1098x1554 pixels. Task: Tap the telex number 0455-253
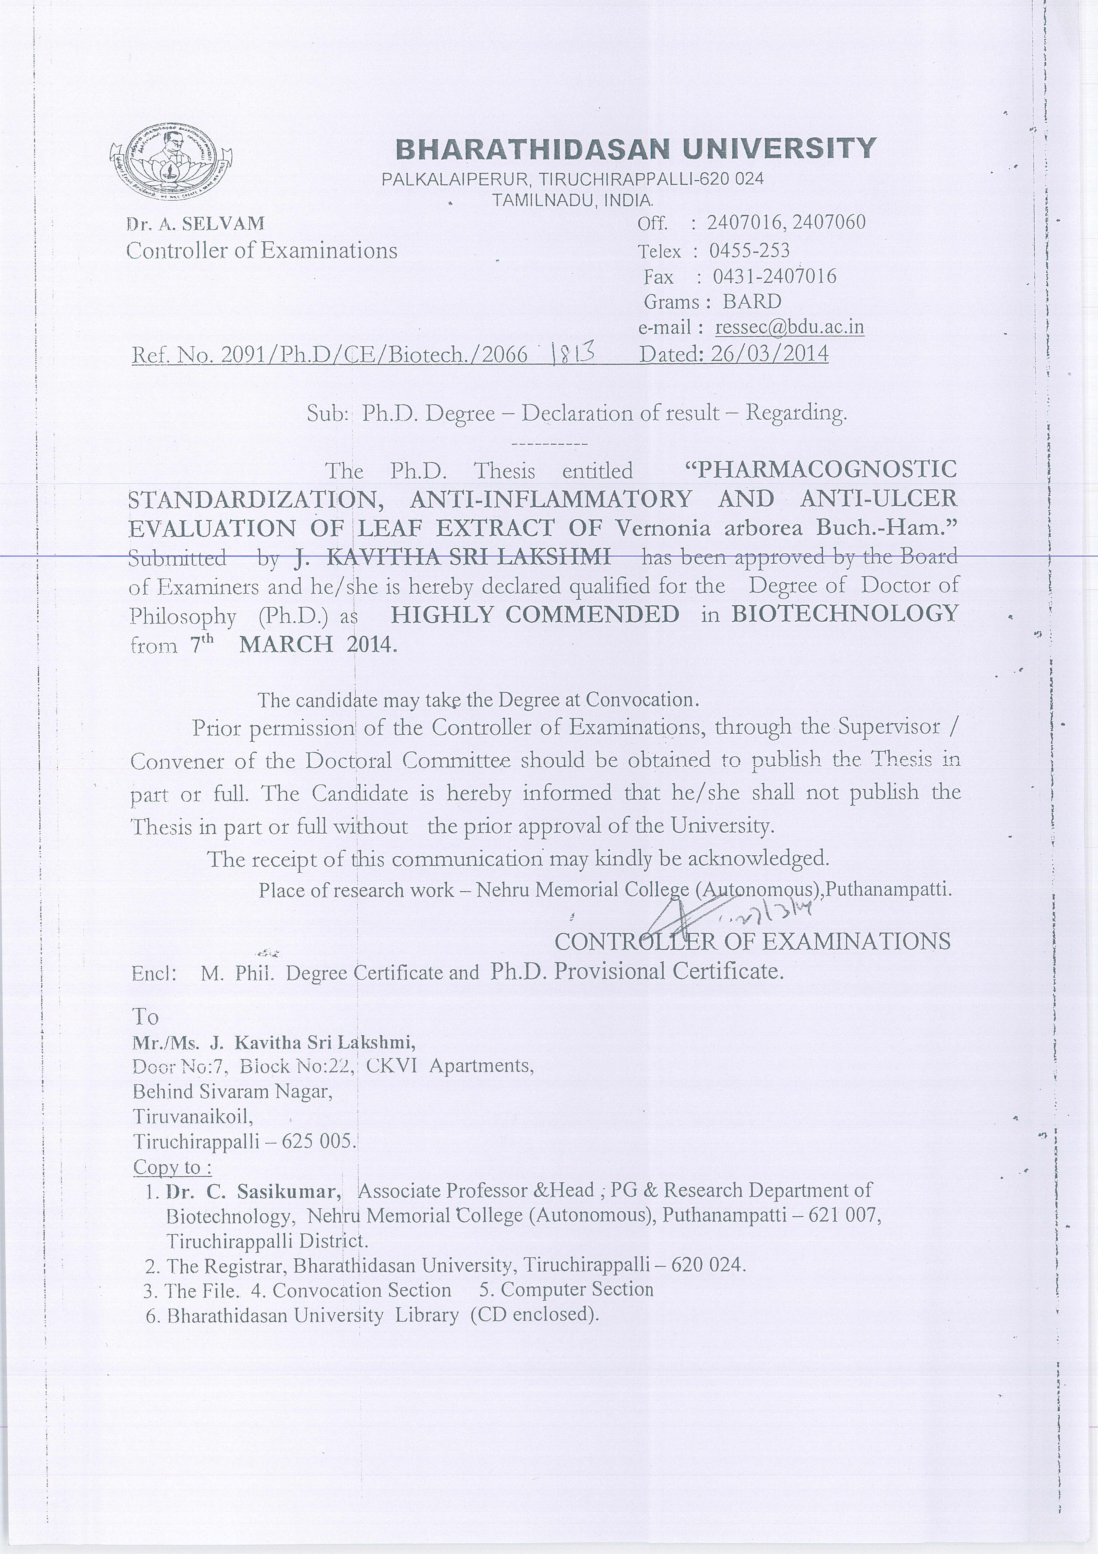pyautogui.click(x=749, y=251)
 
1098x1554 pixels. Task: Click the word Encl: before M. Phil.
pyautogui.click(x=154, y=973)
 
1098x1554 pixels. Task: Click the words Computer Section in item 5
pyautogui.click(x=577, y=1289)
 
